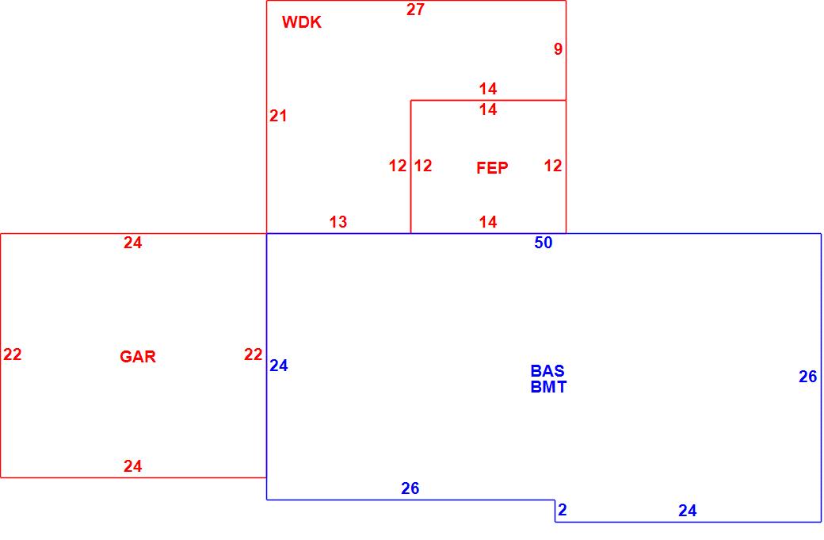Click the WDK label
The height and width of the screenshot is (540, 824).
302,22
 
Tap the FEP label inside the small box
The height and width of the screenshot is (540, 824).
492,168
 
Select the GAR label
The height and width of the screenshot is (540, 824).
138,357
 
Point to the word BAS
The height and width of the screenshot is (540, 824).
547,370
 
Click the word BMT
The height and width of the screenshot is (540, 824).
548,387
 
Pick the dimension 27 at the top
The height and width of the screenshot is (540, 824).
415,10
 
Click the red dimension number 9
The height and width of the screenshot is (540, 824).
558,49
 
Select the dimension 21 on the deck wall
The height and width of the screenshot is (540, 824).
278,116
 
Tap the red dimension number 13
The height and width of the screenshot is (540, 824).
338,222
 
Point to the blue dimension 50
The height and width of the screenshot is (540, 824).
544,243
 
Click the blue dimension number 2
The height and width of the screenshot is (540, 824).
563,510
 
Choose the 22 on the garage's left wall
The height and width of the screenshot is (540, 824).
12,354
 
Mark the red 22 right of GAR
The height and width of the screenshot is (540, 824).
253,354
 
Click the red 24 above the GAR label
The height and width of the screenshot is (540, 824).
133,243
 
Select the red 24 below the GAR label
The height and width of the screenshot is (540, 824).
133,466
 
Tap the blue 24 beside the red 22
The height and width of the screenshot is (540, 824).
279,366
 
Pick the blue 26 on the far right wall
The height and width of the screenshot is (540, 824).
807,377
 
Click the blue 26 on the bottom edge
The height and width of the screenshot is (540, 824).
410,488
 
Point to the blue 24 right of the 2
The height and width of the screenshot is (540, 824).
688,511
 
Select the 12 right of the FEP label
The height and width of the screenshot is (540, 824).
553,166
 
